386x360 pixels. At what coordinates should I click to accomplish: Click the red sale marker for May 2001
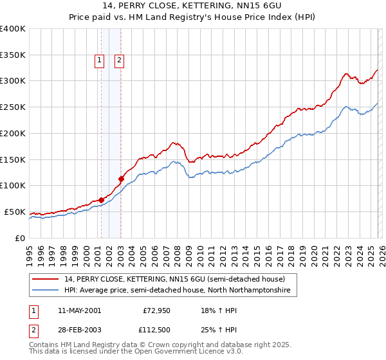(x=101, y=199)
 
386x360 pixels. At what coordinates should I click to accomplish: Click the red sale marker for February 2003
(x=121, y=179)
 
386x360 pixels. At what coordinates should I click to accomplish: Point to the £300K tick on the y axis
(x=13, y=81)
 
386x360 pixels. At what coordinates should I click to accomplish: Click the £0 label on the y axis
(x=21, y=238)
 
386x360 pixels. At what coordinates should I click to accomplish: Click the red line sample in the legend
(x=46, y=280)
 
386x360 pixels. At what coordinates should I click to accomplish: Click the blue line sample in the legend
(x=46, y=291)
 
